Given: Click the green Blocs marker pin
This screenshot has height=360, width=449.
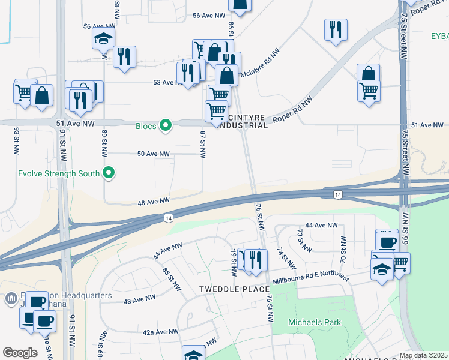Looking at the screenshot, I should (167, 125).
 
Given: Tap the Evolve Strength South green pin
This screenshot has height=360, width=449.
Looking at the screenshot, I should (109, 173).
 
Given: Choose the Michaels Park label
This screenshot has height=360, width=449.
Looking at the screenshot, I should (315, 322).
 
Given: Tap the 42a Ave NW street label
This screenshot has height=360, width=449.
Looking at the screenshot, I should (161, 331).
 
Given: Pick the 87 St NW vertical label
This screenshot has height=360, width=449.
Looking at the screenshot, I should (203, 144).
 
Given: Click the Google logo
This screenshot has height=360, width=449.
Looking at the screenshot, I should (20, 353).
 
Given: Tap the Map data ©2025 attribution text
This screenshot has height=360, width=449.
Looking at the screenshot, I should (423, 355).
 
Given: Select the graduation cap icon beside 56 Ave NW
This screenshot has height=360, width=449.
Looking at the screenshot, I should (103, 39).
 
